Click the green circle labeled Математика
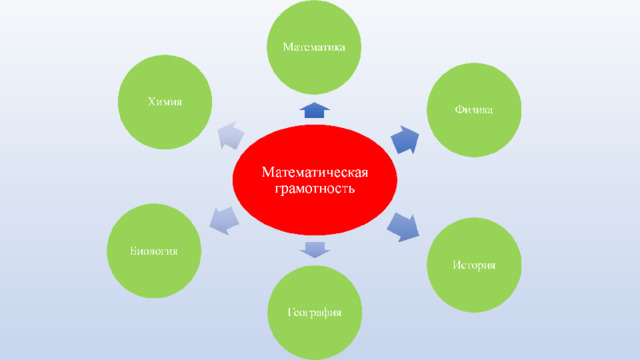pyautogui.click(x=314, y=47)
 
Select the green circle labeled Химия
pyautogui.click(x=165, y=102)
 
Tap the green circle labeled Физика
pyautogui.click(x=474, y=110)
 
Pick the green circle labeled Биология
pyautogui.click(x=154, y=251)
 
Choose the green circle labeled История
pyautogui.click(x=474, y=265)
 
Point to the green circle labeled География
pyautogui.click(x=314, y=313)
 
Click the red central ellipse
pyautogui.click(x=315, y=180)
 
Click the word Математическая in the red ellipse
pyautogui.click(x=315, y=172)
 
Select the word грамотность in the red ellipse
pyautogui.click(x=315, y=189)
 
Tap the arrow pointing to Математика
pyautogui.click(x=315, y=111)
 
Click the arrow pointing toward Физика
pyautogui.click(x=405, y=140)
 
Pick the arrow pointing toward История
pyautogui.click(x=403, y=227)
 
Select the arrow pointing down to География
pyautogui.click(x=315, y=249)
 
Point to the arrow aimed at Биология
pyautogui.click(x=224, y=220)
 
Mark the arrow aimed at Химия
pyautogui.click(x=231, y=136)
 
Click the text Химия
pyautogui.click(x=165, y=102)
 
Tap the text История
pyautogui.click(x=474, y=265)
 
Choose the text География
pyautogui.click(x=314, y=313)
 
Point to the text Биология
pyautogui.click(x=154, y=251)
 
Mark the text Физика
pyautogui.click(x=474, y=110)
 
